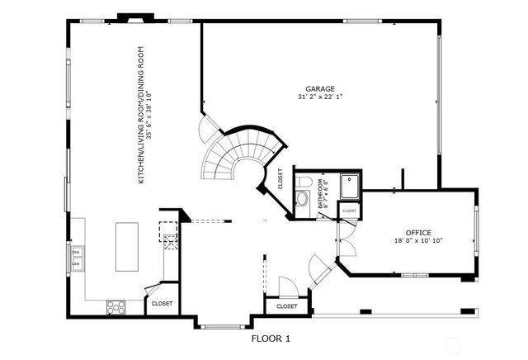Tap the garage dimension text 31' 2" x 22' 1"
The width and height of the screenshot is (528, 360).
320,97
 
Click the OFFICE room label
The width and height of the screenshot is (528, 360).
419,233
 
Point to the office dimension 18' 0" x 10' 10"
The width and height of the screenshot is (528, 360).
418,242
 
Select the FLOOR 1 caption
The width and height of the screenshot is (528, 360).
271,339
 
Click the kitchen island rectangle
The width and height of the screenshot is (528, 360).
127,245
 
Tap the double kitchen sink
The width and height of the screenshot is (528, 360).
78,258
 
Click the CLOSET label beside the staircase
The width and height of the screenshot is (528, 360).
280,179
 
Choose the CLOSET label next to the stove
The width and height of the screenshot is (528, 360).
162,304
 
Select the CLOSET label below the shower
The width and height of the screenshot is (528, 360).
349,211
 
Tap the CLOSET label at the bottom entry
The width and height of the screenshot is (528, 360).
286,306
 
